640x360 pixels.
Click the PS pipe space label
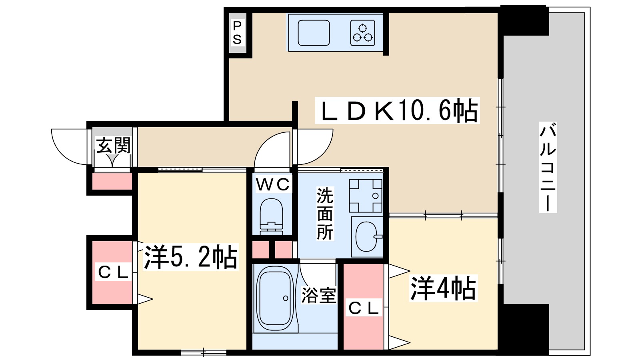click(237, 33)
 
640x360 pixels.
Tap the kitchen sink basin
click(314, 33)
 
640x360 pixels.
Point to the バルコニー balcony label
click(548, 167)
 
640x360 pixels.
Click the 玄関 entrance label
click(113, 146)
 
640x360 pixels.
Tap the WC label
click(273, 185)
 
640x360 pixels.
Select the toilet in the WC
click(272, 216)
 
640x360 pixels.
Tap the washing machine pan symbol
click(366, 196)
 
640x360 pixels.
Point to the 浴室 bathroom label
click(318, 295)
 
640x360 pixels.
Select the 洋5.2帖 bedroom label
click(191, 257)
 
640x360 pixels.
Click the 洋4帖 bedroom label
click(443, 288)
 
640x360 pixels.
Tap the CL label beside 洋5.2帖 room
click(113, 272)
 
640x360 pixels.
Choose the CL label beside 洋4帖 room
click(363, 308)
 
